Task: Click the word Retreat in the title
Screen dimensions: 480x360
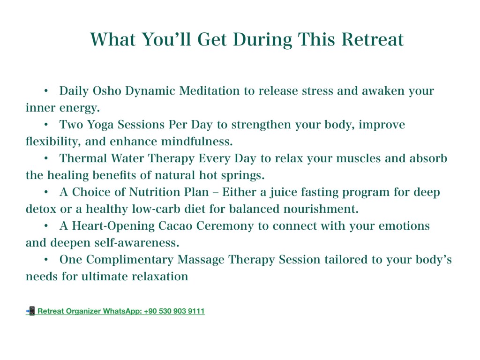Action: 372,39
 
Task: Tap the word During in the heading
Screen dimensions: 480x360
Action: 262,40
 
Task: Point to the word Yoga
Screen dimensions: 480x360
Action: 100,125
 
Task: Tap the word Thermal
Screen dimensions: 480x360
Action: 83,158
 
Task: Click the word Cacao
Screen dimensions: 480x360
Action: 175,225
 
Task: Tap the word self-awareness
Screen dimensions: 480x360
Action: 136,242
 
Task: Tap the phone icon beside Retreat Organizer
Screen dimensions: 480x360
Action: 30,311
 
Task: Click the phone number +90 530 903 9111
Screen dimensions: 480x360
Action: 174,311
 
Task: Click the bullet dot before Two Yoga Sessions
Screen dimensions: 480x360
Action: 46,125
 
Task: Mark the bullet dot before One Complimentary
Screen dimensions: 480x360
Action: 46,260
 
